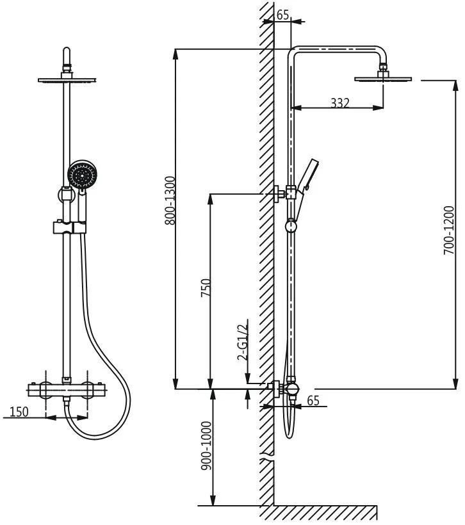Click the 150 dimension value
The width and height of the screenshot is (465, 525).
[x=19, y=411]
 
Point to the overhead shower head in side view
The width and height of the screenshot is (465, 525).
[x=384, y=79]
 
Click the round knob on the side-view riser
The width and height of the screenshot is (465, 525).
[x=291, y=225]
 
